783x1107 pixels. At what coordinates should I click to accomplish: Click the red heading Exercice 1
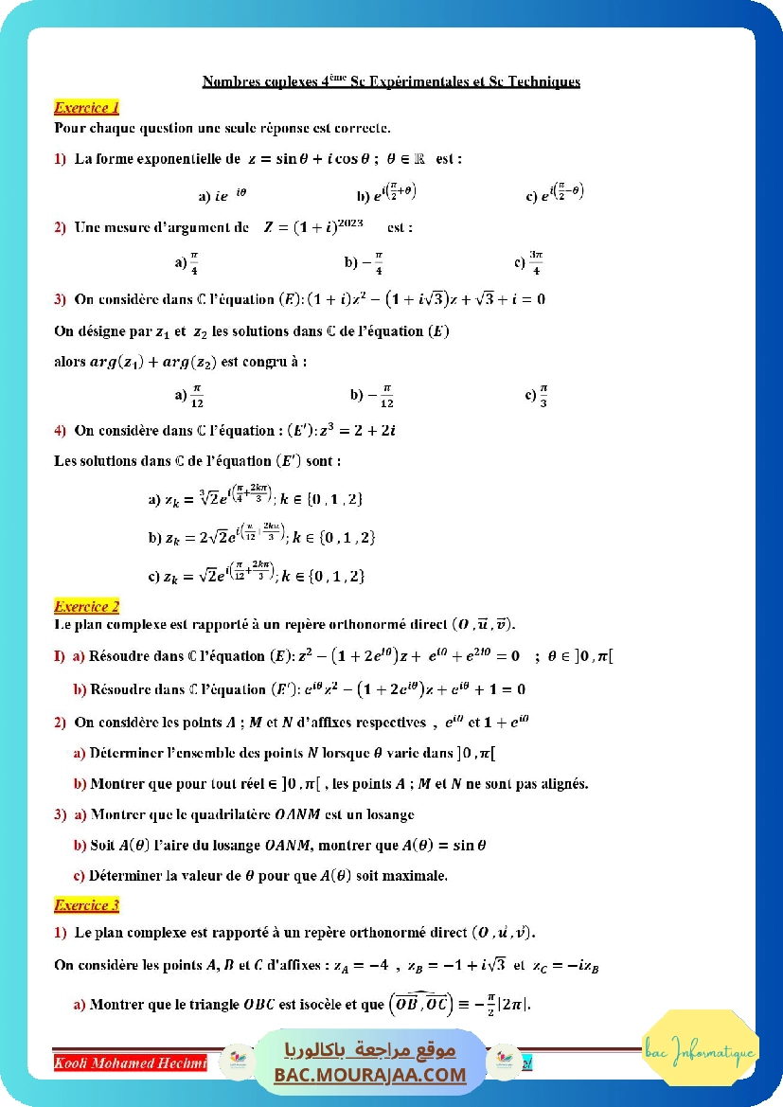86,107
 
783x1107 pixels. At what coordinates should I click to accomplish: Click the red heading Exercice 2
86,606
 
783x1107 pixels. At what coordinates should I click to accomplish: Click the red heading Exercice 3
86,906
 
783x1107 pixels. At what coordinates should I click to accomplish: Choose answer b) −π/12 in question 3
372,395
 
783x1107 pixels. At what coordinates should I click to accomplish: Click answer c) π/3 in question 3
537,395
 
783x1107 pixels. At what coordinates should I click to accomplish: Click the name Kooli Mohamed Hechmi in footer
131,1063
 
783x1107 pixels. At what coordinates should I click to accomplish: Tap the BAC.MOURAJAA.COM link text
370,1075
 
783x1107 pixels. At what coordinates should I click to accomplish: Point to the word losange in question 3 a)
391,814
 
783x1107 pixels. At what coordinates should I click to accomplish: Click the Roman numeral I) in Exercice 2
59,656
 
